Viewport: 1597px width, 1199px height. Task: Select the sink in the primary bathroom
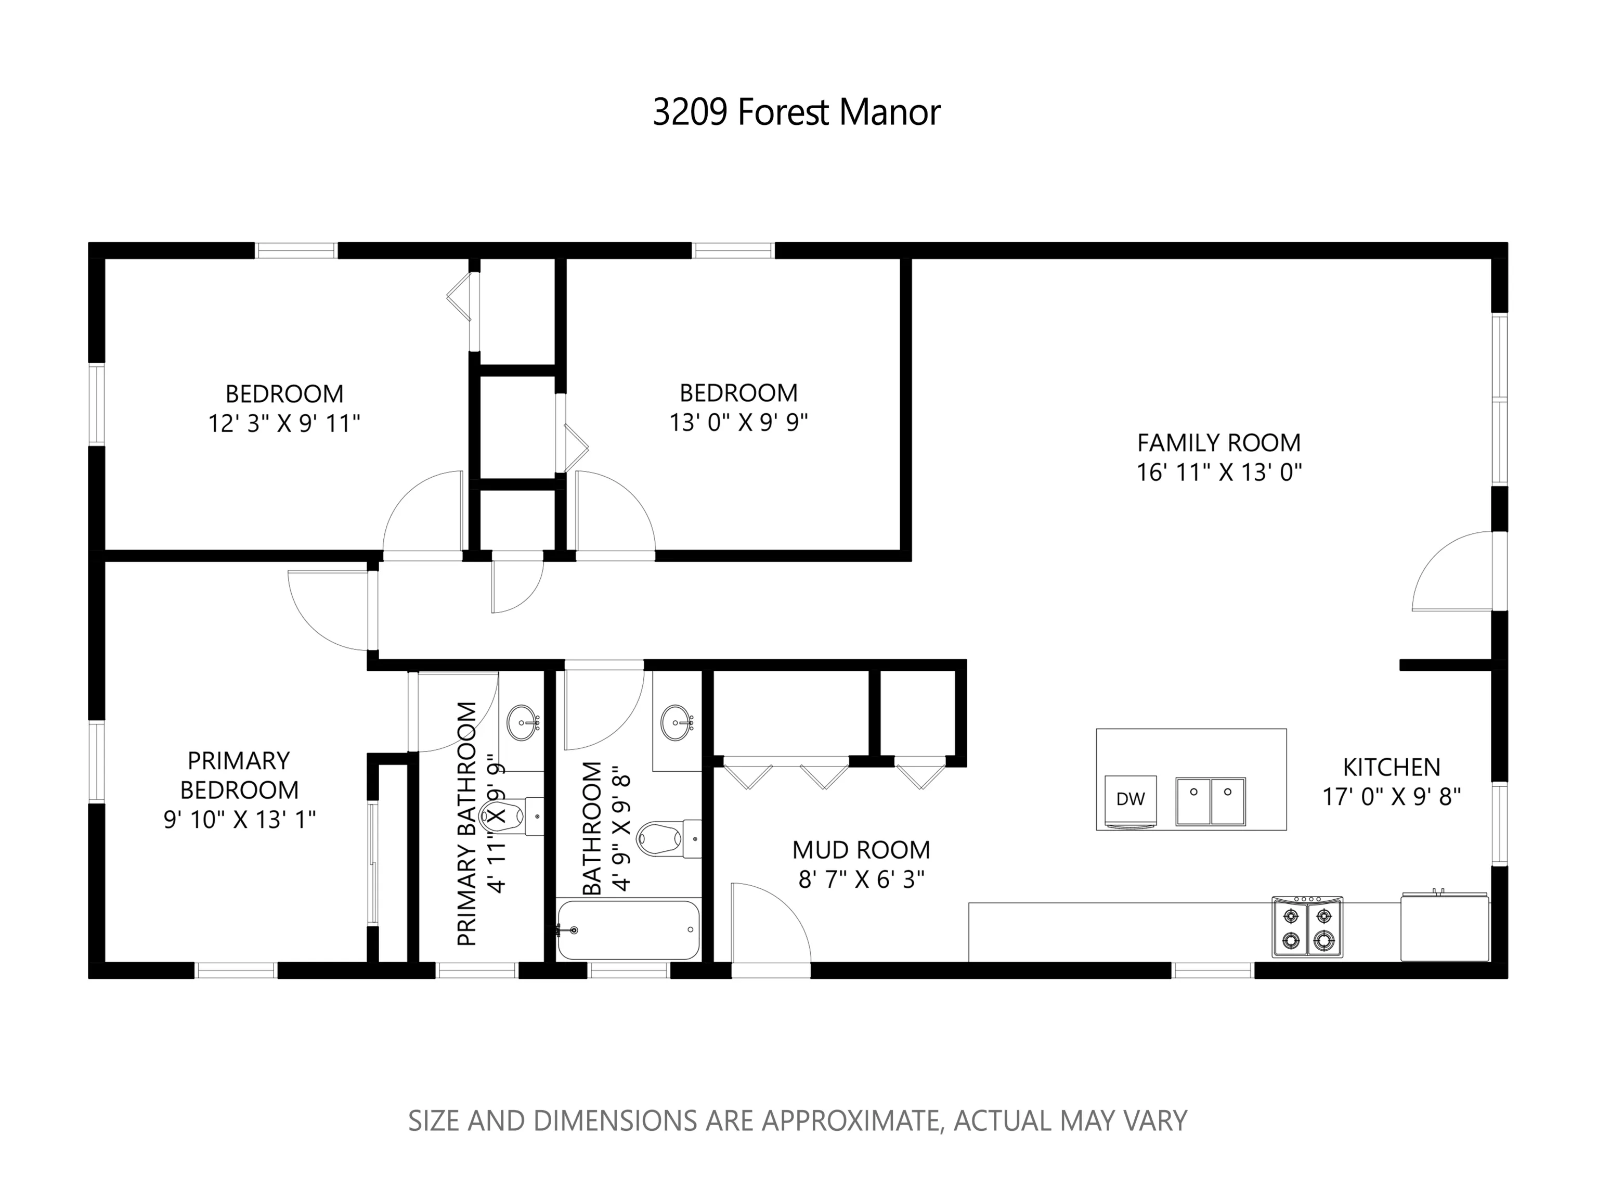523,723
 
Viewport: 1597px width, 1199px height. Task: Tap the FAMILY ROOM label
1219,442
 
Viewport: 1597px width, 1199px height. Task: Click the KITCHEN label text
1391,767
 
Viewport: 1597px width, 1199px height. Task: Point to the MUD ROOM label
861,849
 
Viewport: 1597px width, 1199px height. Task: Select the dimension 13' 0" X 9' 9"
738,423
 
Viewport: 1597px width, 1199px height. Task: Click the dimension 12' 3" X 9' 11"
284,423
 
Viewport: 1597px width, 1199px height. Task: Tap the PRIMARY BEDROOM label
239,775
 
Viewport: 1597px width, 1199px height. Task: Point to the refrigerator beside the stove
1445,927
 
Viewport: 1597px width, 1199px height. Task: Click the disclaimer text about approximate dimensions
798,1120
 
